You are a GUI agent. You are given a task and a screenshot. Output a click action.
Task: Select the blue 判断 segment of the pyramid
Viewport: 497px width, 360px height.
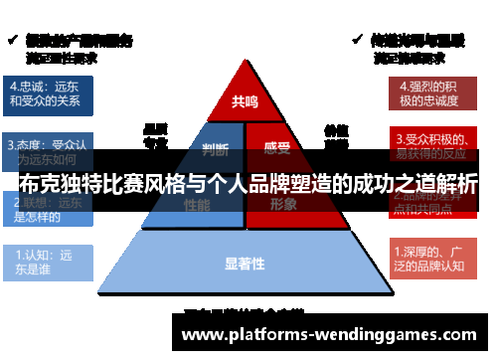pos(215,150)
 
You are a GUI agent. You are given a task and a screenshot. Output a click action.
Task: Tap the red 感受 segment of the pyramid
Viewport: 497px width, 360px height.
pos(277,150)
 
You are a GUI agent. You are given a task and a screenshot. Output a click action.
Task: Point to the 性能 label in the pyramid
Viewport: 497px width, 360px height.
pos(197,204)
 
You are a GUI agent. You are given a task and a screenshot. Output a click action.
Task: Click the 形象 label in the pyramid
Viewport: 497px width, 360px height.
pos(283,204)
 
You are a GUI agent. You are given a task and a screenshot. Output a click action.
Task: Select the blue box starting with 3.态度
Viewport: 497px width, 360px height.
pos(48,149)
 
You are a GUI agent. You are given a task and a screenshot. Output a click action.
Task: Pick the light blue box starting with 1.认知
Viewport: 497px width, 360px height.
pos(48,261)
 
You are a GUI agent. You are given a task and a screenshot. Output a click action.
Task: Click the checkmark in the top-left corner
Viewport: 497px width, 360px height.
pos(11,40)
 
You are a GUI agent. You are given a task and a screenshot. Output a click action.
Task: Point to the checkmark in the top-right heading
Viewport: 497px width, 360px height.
pos(358,40)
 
